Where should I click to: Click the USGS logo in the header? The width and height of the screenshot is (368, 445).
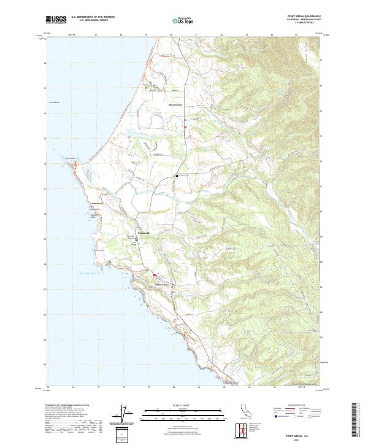(56, 20)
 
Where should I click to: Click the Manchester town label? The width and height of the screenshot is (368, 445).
(176, 105)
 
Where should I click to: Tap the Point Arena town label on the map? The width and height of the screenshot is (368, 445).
(161, 285)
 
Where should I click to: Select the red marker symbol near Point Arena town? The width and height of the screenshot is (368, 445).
(155, 275)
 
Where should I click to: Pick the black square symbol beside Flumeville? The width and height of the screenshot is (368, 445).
(137, 239)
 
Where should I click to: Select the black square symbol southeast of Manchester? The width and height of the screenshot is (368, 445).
(177, 176)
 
